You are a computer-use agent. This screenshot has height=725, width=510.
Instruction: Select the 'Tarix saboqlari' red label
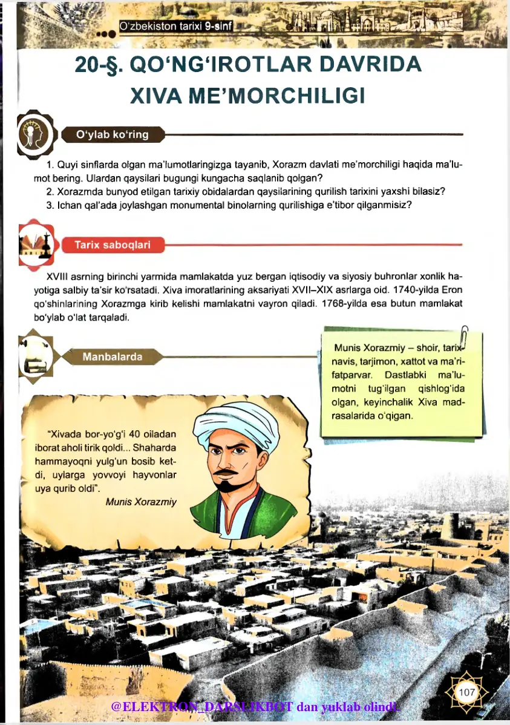coord(112,245)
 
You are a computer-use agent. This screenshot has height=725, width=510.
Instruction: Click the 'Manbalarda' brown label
coord(113,356)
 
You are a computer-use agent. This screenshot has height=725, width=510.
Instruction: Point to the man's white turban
coord(237,419)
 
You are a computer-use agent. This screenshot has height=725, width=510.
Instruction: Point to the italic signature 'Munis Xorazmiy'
coord(141,501)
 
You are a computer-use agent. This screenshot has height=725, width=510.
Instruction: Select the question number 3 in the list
coord(49,205)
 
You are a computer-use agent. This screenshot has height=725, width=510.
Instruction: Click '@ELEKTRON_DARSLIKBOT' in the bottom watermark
coord(203,706)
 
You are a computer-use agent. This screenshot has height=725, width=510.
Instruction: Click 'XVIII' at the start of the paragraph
coord(58,277)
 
